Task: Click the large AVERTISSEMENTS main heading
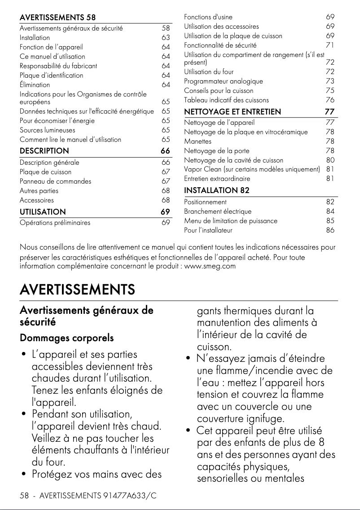click(77, 289)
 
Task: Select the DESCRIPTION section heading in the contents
click(44, 151)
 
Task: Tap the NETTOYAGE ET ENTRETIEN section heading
click(233, 112)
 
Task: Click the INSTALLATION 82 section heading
click(217, 190)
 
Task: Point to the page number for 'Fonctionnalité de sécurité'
click(330, 45)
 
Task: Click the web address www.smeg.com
click(213, 266)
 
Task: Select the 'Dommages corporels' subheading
click(66, 338)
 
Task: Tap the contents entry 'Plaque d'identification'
click(51, 75)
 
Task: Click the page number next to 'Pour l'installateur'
click(330, 230)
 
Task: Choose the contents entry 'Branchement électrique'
click(218, 211)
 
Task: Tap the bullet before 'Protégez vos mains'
click(23, 474)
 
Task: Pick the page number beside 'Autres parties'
click(166, 191)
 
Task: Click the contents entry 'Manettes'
click(198, 141)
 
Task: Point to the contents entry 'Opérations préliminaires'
click(55, 223)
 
